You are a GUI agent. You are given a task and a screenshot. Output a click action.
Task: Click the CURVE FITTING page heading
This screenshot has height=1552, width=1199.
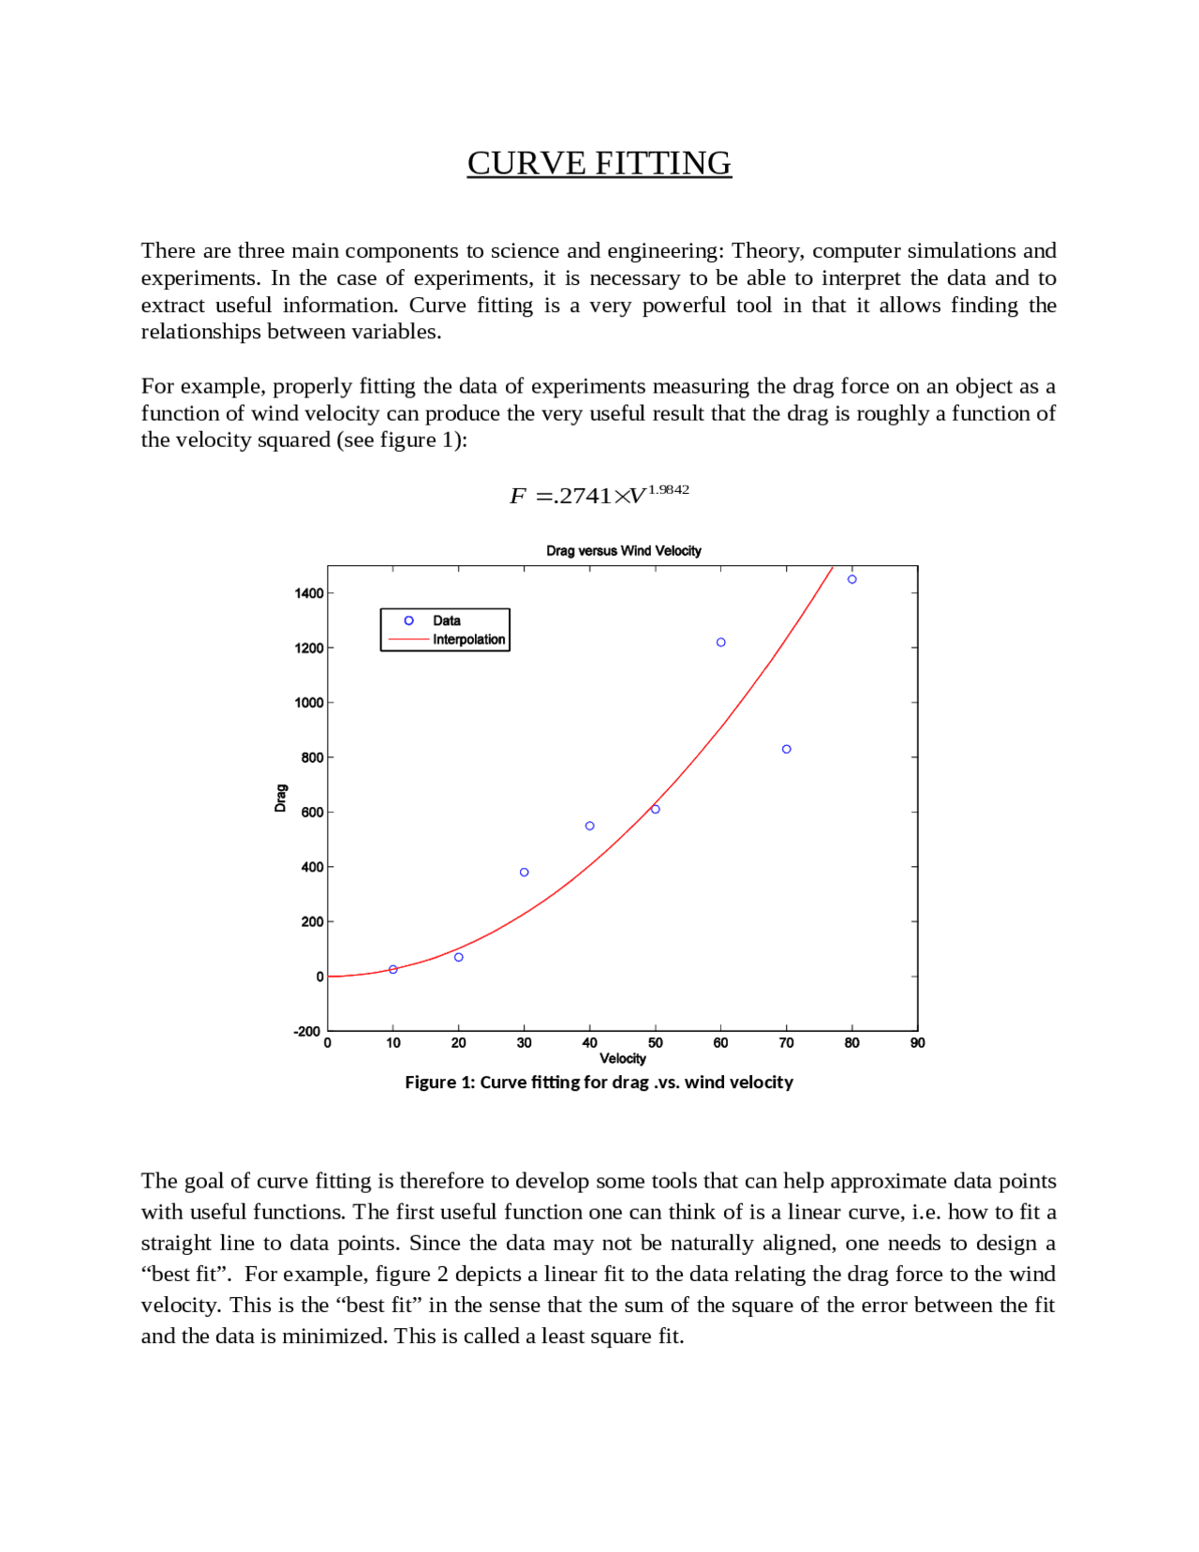[599, 163]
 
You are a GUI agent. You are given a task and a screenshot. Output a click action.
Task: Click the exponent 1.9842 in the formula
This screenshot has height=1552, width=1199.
[668, 489]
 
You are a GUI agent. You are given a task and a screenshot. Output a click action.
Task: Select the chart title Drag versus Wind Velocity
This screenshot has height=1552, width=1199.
[623, 551]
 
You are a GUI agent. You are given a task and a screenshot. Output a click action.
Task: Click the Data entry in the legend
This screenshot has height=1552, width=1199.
[446, 620]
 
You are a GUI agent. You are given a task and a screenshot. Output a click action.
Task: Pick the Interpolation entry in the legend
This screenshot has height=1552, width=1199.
[468, 639]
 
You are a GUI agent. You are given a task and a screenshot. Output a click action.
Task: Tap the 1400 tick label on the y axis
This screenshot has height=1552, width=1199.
[308, 593]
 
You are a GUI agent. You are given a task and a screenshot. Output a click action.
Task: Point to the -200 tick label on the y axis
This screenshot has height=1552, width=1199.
[306, 1031]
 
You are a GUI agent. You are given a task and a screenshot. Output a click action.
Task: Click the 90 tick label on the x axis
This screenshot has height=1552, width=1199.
[917, 1043]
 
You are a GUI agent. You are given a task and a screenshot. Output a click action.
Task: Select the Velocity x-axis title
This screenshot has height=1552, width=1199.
[622, 1059]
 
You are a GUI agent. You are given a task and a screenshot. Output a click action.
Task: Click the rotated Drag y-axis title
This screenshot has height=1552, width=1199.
[280, 798]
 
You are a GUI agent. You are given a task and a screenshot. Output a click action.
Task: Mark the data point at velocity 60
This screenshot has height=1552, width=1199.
[720, 642]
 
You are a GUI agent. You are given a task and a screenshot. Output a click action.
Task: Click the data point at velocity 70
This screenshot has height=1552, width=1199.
[786, 749]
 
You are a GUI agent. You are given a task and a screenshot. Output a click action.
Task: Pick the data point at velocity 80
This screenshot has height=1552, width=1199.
[851, 579]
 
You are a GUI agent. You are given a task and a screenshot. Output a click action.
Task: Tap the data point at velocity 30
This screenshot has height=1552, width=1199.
[524, 873]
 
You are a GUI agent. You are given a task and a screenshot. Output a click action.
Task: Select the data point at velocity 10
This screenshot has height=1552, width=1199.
[392, 969]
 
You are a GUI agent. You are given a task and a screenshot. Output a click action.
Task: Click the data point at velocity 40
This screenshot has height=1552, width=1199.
[589, 826]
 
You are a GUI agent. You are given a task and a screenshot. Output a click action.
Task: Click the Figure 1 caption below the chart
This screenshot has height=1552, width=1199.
[599, 1082]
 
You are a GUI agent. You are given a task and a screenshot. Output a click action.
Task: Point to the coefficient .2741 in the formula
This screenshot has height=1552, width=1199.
[582, 496]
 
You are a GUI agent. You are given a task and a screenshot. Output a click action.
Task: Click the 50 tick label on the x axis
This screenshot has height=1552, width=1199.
[655, 1043]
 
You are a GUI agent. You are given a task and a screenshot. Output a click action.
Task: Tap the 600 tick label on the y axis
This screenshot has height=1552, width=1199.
[312, 813]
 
